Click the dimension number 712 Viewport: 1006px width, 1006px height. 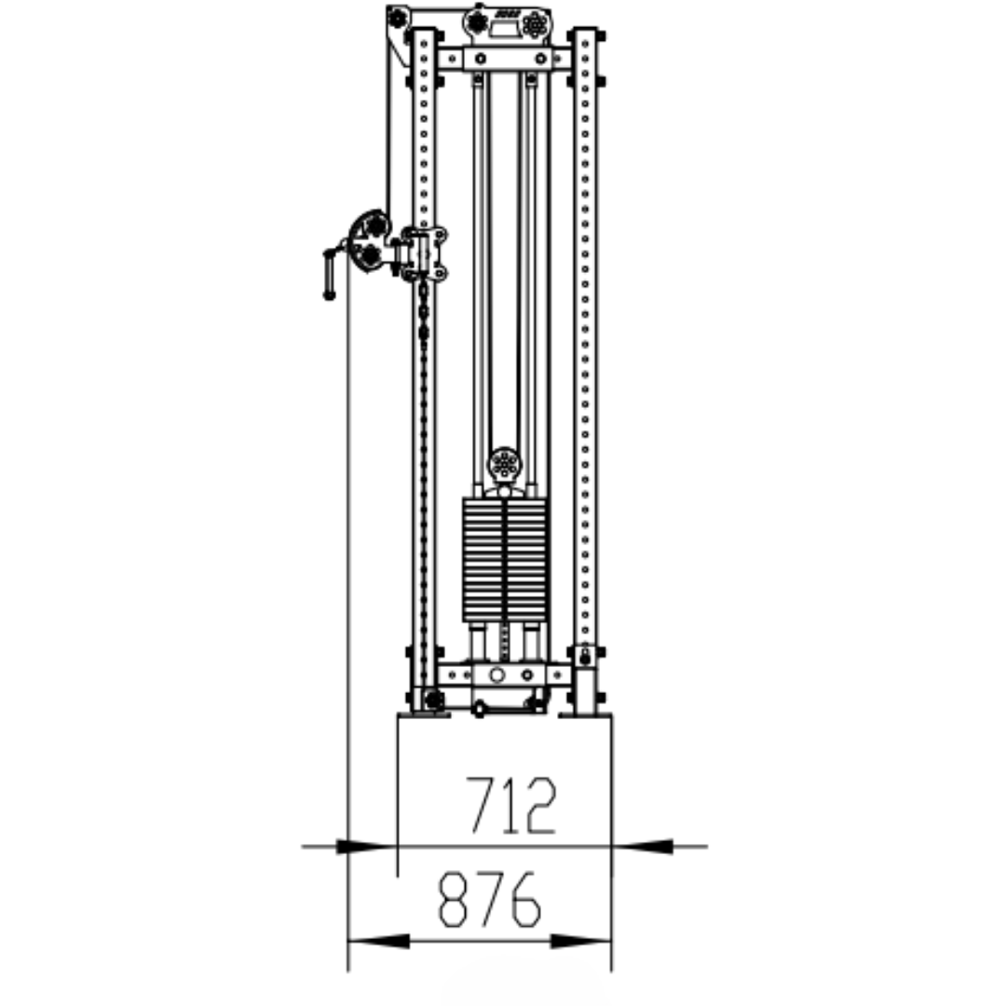[510, 805]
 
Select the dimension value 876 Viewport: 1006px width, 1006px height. [490, 898]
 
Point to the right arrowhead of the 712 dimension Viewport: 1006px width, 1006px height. [643, 847]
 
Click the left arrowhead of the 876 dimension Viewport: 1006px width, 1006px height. [378, 942]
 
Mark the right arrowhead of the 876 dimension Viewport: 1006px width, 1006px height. [580, 942]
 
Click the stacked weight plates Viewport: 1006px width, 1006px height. [505, 560]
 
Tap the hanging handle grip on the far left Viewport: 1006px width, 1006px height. [329, 275]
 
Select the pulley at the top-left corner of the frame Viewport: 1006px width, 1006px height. [398, 18]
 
